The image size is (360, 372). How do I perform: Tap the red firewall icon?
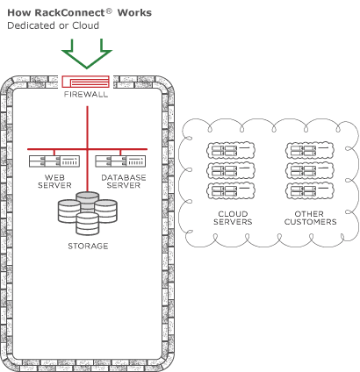click(x=85, y=82)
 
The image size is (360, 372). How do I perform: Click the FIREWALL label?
click(x=86, y=95)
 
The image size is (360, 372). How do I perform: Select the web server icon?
click(x=54, y=161)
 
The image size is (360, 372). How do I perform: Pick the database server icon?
click(x=120, y=161)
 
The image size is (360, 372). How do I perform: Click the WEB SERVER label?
click(x=54, y=182)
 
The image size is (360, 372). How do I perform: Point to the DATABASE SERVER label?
click(x=124, y=182)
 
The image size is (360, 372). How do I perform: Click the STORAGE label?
click(x=88, y=246)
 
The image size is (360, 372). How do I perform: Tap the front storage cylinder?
click(x=88, y=224)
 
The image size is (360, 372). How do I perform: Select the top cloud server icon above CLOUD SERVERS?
click(x=231, y=151)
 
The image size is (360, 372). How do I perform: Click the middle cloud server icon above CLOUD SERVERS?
click(x=231, y=171)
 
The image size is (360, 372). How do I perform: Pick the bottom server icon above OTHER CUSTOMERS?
click(x=310, y=191)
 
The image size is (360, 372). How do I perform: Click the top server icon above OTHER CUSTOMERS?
click(x=310, y=151)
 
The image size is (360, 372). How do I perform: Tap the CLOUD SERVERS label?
click(x=233, y=218)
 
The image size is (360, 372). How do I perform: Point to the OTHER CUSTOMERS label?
click(x=310, y=218)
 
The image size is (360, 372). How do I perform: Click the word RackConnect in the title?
click(x=69, y=13)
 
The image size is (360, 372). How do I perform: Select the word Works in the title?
click(x=134, y=13)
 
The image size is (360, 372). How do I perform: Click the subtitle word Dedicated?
click(x=32, y=25)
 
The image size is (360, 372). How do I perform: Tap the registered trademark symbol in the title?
click(x=109, y=11)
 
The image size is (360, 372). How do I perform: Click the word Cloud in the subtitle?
click(x=85, y=25)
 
